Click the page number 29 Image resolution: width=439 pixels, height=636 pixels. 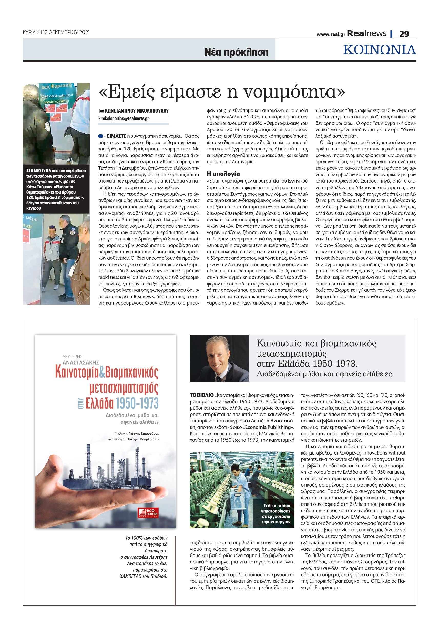pyautogui.click(x=404, y=34)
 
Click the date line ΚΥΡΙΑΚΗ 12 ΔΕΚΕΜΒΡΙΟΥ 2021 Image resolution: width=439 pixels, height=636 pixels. pyautogui.click(x=56, y=32)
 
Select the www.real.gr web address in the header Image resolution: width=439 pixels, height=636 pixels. pyautogui.click(x=331, y=34)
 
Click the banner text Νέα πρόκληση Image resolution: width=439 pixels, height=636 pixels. pyautogui.click(x=236, y=52)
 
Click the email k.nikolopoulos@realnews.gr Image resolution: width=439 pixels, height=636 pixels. pyautogui.click(x=124, y=119)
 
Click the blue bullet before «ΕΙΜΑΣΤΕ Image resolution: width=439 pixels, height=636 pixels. pyautogui.click(x=101, y=136)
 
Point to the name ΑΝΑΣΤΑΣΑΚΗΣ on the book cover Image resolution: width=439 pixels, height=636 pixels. pyautogui.click(x=81, y=362)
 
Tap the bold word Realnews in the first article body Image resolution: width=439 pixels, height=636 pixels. pyautogui.click(x=143, y=297)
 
